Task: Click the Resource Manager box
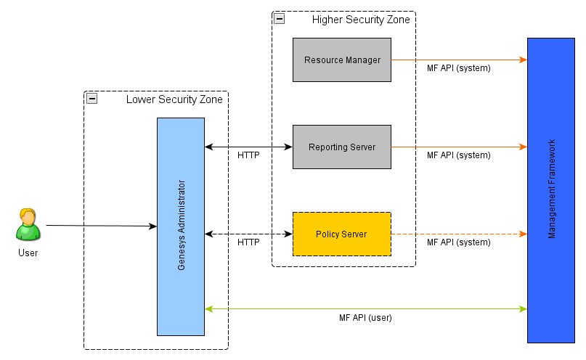click(341, 60)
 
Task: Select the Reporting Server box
click(341, 147)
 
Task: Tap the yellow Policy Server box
click(341, 234)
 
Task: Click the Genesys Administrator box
click(181, 226)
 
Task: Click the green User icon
click(28, 225)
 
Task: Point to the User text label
click(28, 253)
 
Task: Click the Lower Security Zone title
click(174, 99)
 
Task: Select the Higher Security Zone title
click(361, 20)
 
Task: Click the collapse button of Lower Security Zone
click(92, 99)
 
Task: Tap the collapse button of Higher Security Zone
click(280, 19)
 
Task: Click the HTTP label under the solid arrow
click(248, 155)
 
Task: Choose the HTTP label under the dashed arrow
click(248, 242)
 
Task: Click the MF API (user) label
click(365, 318)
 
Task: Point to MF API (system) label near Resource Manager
click(458, 68)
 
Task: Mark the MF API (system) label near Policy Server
click(458, 242)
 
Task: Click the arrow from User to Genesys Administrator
click(102, 226)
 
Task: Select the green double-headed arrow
click(365, 309)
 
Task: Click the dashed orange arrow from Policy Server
click(458, 234)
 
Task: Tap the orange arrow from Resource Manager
click(458, 60)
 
